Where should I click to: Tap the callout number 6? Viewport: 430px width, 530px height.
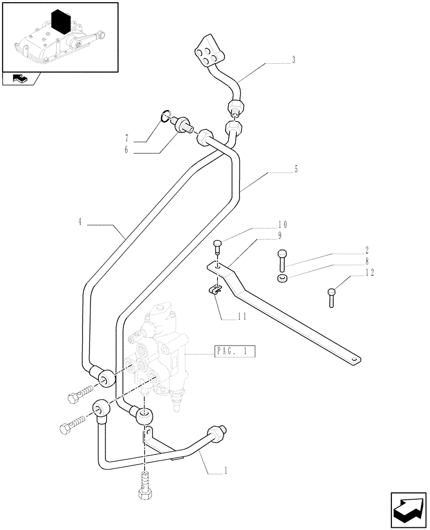coord(126,151)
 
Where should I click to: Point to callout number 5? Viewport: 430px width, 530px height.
coord(295,170)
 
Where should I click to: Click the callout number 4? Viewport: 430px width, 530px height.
coord(80,223)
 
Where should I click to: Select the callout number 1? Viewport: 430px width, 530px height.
coord(226,470)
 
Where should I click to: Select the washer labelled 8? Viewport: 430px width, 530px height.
coord(283,278)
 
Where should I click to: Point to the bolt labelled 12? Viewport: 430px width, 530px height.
coord(332,296)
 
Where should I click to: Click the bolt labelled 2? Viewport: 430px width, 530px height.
coord(282,260)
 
